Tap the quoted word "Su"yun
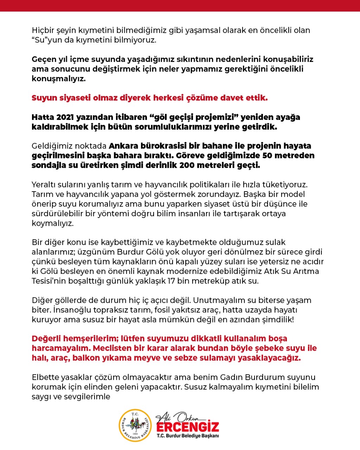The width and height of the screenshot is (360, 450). (x=44, y=40)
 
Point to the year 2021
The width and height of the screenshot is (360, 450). (x=65, y=117)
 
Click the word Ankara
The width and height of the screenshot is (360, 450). (x=123, y=146)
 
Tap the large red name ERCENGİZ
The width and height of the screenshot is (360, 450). (x=187, y=427)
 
